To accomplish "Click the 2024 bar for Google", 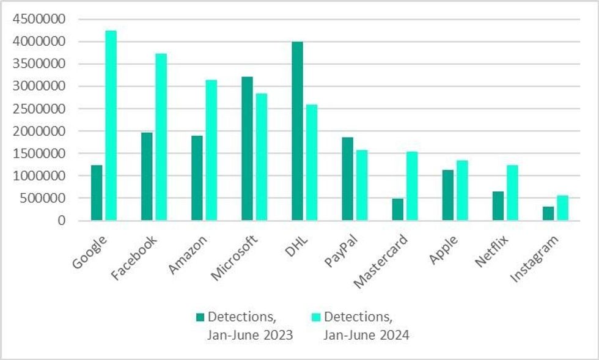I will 111,125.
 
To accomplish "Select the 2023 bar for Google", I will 97,193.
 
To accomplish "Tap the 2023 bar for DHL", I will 297,131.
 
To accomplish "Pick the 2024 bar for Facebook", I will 161,137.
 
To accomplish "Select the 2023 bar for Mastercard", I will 397,210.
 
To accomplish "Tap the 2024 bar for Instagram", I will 562,208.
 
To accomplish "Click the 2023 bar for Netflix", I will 498,206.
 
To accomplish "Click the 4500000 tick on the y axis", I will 38,20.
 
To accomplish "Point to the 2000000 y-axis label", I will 38,131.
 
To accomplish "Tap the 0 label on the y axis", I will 62,221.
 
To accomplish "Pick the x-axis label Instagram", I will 535,259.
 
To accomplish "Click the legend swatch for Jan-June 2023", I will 200,317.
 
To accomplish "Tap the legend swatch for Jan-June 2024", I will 316,317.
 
